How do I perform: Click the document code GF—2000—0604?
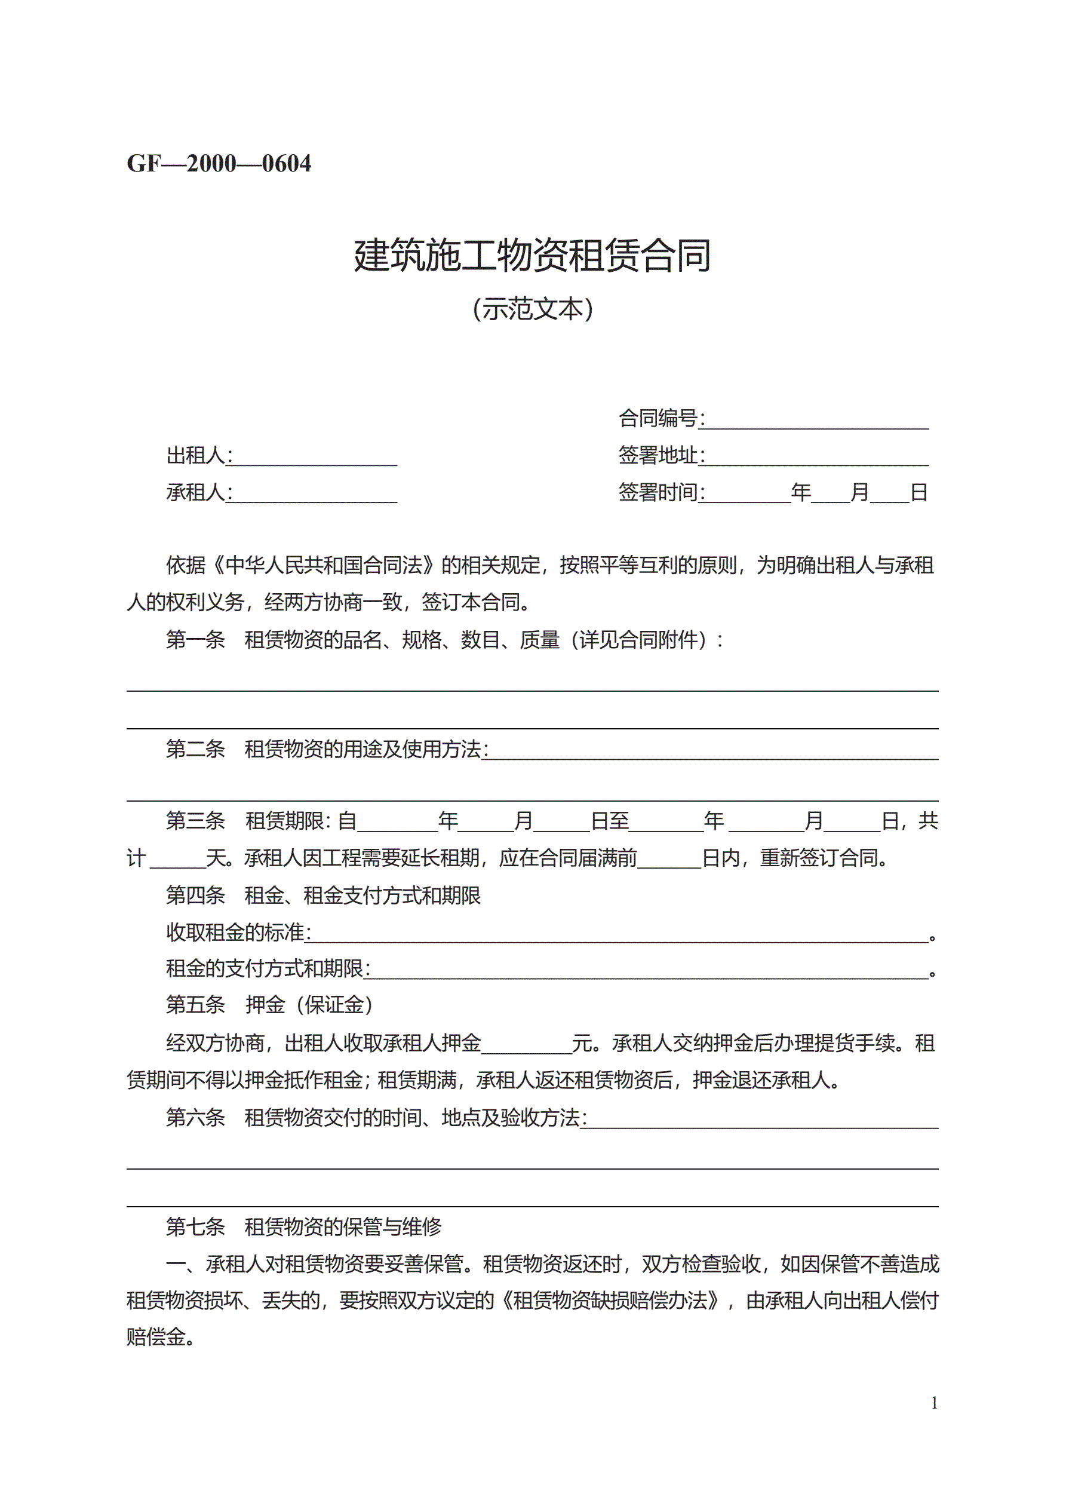pos(219,164)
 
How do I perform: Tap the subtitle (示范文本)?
pos(532,309)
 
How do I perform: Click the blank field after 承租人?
pos(315,493)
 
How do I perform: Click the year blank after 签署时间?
pos(748,493)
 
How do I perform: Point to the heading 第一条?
pos(195,639)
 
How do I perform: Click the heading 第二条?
pos(195,749)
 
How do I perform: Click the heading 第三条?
pos(195,821)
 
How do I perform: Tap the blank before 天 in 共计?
pos(178,858)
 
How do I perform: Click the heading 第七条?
pos(195,1226)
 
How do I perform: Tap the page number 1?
pos(934,1403)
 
